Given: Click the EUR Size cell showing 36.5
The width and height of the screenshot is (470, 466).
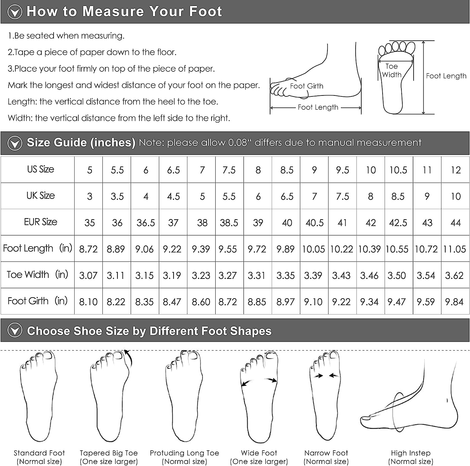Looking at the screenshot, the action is pos(146,223).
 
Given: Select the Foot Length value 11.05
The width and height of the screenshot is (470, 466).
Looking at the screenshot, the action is pos(455,249).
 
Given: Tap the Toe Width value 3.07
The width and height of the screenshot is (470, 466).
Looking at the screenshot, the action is pos(88,275).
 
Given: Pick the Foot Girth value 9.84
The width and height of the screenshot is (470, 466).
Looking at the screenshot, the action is pos(454,302).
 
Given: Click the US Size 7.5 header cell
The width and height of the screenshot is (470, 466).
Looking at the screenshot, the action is pos(229,170).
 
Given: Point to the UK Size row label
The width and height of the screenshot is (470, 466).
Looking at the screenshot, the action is pos(41,196).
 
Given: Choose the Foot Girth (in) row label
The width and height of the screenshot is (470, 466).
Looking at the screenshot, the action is pos(38,301).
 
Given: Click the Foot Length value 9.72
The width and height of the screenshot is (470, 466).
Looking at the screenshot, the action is pos(257,249).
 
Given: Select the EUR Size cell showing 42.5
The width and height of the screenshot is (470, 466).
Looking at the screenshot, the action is pos(398,223).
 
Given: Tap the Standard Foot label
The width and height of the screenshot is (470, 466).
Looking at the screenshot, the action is pos(39,453).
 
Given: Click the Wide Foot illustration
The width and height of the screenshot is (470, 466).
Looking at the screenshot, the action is pos(259,397).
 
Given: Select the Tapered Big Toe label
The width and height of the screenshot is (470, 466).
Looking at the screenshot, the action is pos(109,453).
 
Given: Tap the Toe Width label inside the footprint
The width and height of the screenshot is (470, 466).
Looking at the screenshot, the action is pos(392,70).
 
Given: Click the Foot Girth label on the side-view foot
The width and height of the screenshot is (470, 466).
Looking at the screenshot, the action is pos(306,86).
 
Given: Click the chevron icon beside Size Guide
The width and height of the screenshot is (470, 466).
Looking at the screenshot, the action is pos(15,143).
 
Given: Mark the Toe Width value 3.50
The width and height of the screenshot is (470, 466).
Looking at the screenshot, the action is pos(397,275).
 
